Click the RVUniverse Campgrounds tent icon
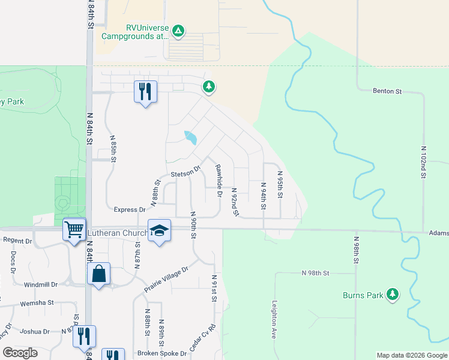(x=178, y=31)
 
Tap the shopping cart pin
(x=74, y=229)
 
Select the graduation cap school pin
(x=159, y=230)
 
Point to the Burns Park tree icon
(x=393, y=294)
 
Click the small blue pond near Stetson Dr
(x=190, y=138)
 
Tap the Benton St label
(x=387, y=91)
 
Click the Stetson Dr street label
(x=184, y=173)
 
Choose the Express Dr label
(x=130, y=210)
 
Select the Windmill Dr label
(x=41, y=284)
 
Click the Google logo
(x=20, y=353)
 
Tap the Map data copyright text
(x=411, y=355)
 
